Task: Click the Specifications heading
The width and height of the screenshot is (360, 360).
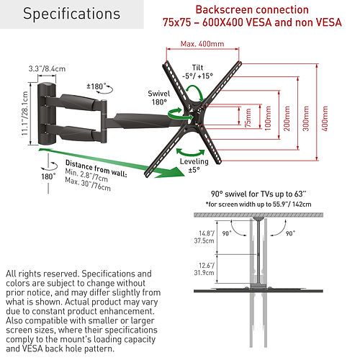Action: (71, 14)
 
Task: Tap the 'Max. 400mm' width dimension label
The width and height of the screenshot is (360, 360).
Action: (202, 44)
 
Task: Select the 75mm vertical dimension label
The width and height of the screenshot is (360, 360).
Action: (248, 118)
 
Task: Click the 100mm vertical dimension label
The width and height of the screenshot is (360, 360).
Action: (268, 118)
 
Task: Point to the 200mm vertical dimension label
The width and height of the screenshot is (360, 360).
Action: (287, 118)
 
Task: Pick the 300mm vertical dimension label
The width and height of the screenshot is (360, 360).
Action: (306, 118)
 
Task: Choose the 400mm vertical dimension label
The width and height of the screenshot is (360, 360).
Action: (325, 118)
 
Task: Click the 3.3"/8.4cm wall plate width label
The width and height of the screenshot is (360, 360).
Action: (47, 69)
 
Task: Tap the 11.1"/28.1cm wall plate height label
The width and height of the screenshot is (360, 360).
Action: (24, 114)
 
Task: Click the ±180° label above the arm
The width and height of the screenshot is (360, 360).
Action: (96, 86)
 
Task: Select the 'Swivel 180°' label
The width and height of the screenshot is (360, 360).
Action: (158, 98)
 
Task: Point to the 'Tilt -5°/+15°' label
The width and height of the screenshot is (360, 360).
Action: (197, 72)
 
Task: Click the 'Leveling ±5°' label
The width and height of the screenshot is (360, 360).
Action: (194, 166)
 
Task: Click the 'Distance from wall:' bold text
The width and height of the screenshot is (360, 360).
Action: (96, 168)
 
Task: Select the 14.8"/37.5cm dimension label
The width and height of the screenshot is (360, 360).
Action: (204, 237)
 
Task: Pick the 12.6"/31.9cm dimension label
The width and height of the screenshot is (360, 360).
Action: (204, 269)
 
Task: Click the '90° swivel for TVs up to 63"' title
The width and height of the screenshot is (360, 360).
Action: (258, 194)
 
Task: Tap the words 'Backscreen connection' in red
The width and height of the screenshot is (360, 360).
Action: (252, 10)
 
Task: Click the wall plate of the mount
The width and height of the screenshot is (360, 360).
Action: (47, 114)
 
